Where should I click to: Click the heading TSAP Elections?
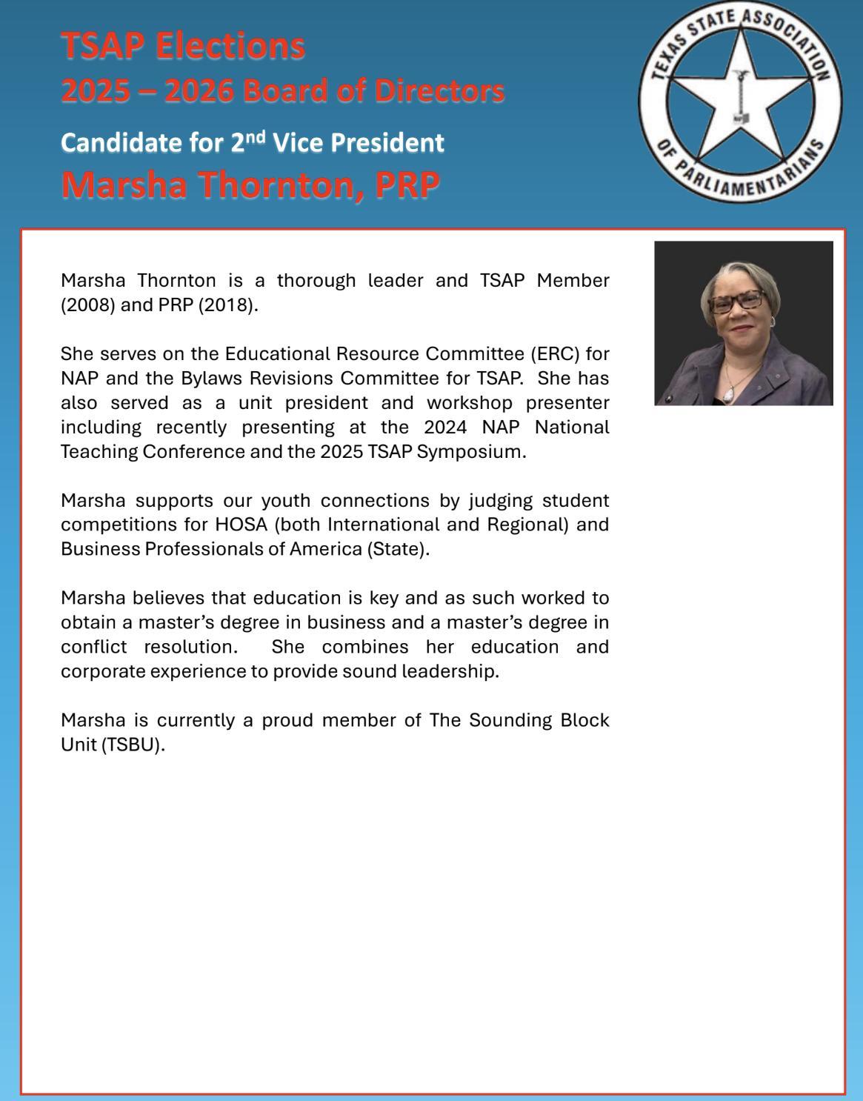182,46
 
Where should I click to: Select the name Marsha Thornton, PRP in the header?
250,184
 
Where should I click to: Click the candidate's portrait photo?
743,323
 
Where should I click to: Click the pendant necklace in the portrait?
729,396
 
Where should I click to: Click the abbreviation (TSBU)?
133,745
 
